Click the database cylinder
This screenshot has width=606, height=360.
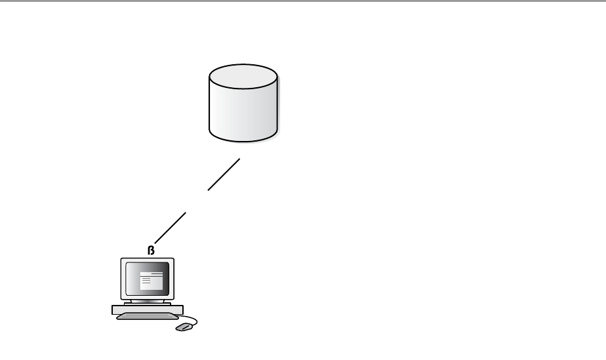tap(243, 105)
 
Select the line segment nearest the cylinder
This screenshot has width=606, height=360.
tap(224, 174)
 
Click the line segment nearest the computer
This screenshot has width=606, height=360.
tap(170, 227)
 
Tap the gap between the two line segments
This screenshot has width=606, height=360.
tap(197, 201)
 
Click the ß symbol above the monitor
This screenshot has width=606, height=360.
tap(151, 250)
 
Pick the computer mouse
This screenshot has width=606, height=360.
tap(184, 326)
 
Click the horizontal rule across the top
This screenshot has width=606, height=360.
tap(303, 1)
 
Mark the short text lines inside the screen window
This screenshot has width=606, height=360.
tap(146, 281)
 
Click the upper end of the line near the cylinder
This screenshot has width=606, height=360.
tap(239, 159)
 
